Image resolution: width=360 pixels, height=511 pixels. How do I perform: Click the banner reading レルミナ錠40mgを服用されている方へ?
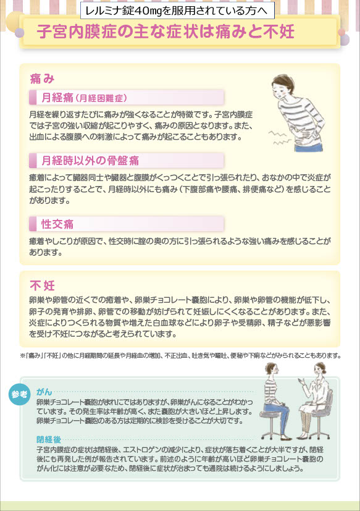click(177, 11)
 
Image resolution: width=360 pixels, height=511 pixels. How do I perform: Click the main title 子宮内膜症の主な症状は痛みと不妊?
click(165, 32)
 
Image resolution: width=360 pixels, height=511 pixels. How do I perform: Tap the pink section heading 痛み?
click(42, 78)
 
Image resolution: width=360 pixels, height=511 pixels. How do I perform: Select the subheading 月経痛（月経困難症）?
click(84, 98)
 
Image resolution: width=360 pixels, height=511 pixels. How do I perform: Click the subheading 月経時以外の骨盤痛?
click(90, 160)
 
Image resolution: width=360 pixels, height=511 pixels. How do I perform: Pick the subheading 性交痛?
click(57, 224)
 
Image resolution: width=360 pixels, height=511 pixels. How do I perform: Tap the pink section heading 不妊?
click(42, 285)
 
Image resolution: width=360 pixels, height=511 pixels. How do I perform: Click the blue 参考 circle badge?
click(19, 394)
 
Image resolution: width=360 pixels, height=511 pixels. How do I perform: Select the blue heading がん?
click(44, 392)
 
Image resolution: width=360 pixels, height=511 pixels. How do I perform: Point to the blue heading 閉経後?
click(49, 439)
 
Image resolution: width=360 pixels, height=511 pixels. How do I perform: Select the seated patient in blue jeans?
click(275, 401)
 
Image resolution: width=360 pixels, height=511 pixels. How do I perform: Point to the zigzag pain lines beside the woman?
click(279, 138)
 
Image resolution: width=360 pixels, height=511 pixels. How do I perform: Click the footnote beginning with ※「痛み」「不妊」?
click(180, 355)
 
